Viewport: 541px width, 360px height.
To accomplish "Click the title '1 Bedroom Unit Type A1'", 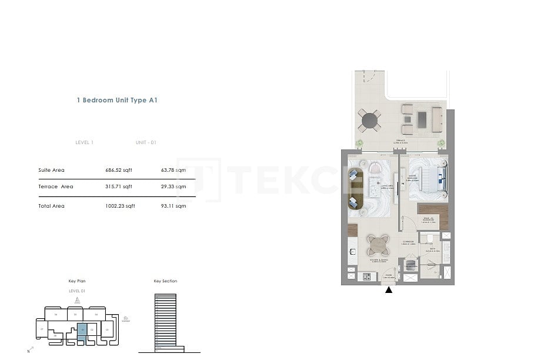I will (x=117, y=101).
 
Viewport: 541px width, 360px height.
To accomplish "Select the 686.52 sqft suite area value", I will (x=118, y=170).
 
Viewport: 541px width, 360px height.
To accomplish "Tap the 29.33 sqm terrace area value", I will (x=173, y=186).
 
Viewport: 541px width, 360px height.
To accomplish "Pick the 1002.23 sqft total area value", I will (x=120, y=206).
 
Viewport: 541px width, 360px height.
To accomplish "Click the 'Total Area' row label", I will (x=51, y=206).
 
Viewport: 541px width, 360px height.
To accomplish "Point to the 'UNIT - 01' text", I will (x=146, y=142).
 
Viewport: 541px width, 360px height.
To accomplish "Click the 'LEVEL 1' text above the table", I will (x=85, y=142).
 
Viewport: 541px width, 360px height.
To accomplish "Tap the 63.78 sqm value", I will (x=173, y=170).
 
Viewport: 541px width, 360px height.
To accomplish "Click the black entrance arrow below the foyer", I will (x=389, y=289).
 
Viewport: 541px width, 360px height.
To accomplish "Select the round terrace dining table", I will (x=369, y=121).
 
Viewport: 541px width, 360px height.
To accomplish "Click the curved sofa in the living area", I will (x=354, y=188).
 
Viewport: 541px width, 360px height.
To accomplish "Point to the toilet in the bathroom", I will (x=430, y=238).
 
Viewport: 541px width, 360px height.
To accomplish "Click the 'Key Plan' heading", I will (x=77, y=281).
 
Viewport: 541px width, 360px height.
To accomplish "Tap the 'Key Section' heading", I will (x=165, y=281).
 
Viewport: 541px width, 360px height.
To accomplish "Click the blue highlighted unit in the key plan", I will (x=82, y=331).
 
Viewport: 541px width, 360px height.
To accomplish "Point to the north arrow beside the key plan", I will (x=29, y=350).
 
